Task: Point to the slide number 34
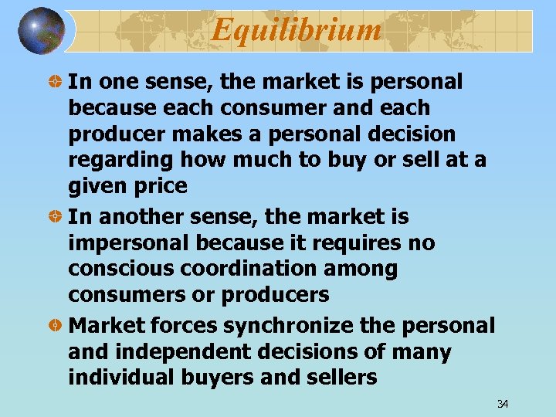502,405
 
